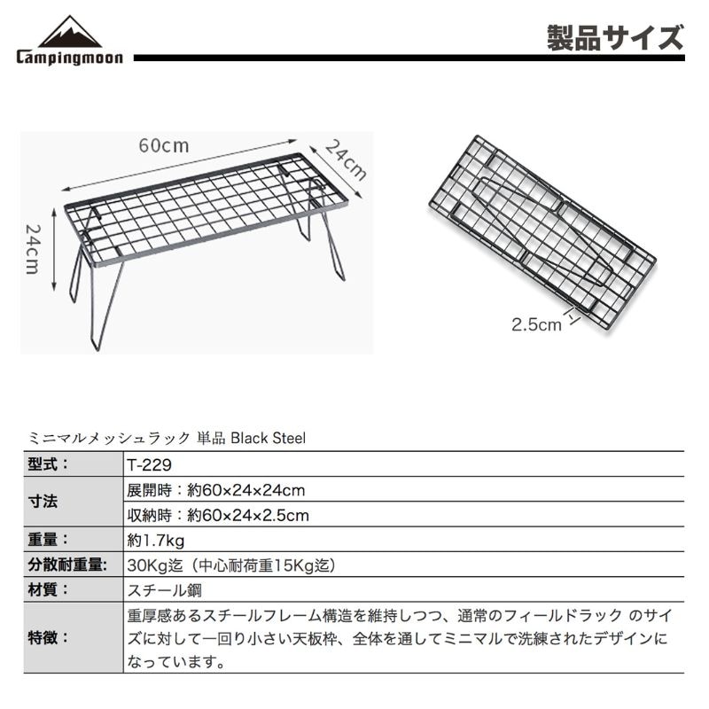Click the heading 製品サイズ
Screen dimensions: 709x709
[x=615, y=38]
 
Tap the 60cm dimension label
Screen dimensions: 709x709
[x=164, y=145]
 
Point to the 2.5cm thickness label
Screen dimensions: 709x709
[x=537, y=324]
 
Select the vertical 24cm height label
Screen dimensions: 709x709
[x=33, y=249]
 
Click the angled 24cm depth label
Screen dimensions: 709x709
[x=346, y=160]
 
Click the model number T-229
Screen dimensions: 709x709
[x=149, y=464]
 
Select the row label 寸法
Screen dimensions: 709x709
[x=43, y=502]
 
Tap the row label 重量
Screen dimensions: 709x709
[x=48, y=540]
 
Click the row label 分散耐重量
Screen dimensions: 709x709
[x=67, y=565]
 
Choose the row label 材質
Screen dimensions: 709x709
[x=48, y=589]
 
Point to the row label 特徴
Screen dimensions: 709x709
[x=48, y=638]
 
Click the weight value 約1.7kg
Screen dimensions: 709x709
[x=156, y=540]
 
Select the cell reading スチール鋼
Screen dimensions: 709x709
[x=165, y=590]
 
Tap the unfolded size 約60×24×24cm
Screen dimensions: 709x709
[x=246, y=490]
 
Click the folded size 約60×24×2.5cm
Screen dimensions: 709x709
[x=248, y=516]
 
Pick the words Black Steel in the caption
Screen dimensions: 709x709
[x=269, y=438]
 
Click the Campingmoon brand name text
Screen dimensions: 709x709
[x=70, y=58]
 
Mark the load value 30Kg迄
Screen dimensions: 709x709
[x=154, y=565]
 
